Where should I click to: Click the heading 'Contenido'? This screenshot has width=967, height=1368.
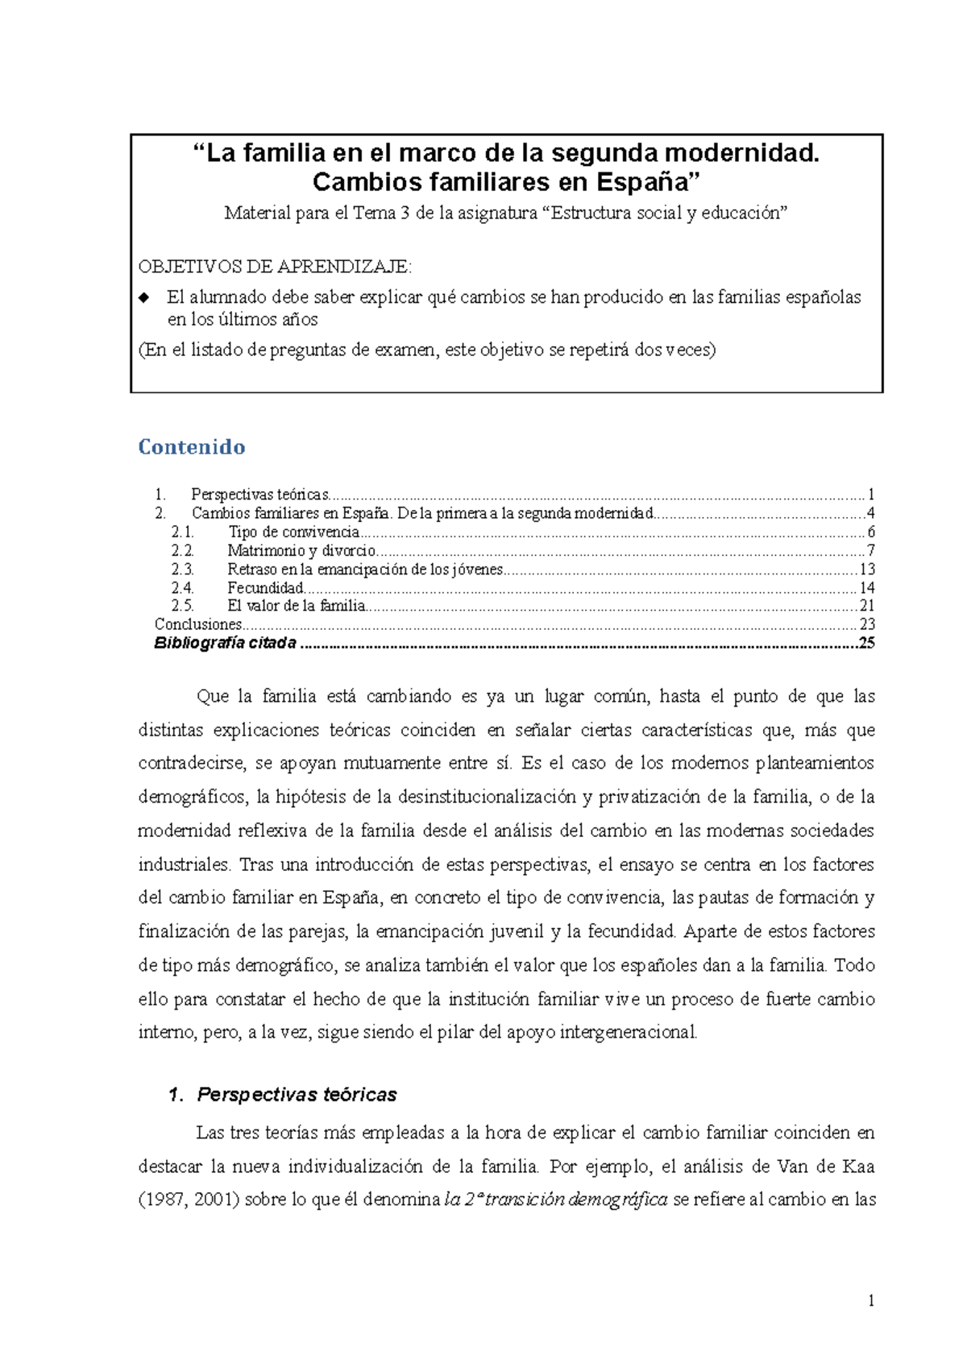(192, 447)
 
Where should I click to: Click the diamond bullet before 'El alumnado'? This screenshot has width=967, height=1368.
(144, 297)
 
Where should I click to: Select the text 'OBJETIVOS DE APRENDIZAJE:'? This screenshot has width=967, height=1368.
(275, 267)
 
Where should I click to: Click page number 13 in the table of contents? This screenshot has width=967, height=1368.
(867, 570)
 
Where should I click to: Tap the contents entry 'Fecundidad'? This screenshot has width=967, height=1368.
(265, 588)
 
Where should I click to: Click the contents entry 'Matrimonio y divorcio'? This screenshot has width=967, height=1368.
(301, 551)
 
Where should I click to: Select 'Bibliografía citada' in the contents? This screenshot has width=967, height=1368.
(225, 643)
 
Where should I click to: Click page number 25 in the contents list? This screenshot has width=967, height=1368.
(867, 643)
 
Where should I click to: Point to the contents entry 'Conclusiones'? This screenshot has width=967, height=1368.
(197, 624)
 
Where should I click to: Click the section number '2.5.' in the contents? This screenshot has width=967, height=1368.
(182, 606)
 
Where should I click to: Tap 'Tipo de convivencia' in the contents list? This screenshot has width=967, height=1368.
(293, 533)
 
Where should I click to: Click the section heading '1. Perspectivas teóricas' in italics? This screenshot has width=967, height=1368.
(284, 1095)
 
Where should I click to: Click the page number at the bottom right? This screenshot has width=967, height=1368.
(871, 1300)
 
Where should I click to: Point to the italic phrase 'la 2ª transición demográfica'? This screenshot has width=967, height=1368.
(556, 1200)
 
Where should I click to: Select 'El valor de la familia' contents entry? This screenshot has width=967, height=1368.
(296, 606)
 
